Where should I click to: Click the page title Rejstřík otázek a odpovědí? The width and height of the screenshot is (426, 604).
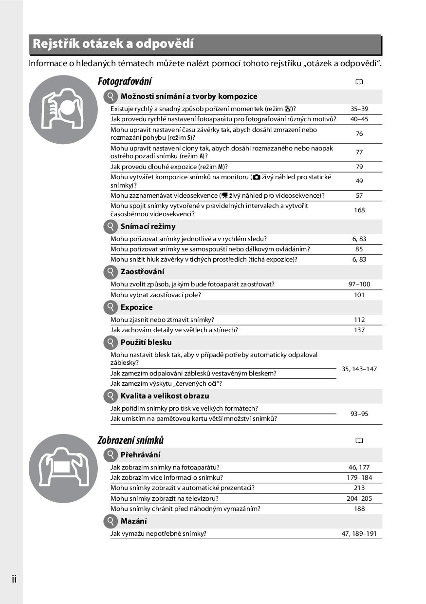point(113,44)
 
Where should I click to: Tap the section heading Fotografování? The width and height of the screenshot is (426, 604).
point(125,81)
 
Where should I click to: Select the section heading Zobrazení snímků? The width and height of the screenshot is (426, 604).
point(130,440)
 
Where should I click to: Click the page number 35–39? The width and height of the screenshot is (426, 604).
point(359,109)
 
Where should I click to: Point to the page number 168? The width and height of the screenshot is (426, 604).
point(359,210)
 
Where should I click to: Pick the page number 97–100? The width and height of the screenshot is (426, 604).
point(359,284)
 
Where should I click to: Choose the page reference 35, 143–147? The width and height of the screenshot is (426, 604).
point(359,369)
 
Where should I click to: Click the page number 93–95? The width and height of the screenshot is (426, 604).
point(359,414)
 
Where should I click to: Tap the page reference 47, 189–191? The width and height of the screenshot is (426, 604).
point(359,533)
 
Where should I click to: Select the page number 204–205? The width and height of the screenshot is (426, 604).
point(359,498)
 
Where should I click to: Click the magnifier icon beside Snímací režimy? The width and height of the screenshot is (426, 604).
point(111,226)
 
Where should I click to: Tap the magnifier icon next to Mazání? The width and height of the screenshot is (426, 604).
point(111,521)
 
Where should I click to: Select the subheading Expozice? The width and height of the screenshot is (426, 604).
point(136,307)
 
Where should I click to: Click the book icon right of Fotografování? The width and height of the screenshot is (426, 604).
point(359,82)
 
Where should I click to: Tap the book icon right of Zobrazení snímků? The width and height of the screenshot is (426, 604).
point(359,440)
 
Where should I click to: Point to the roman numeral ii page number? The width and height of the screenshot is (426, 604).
point(14,579)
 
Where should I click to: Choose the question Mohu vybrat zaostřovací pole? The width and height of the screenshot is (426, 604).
point(155,295)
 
